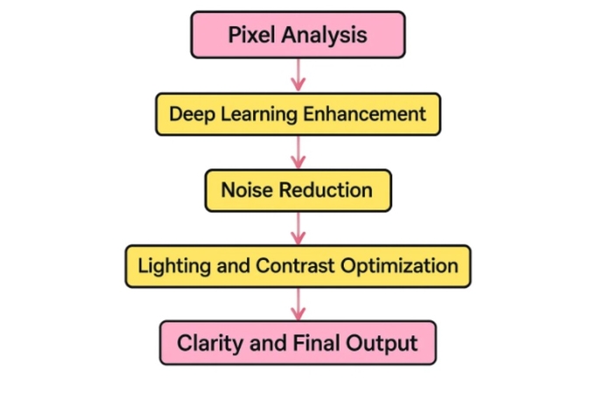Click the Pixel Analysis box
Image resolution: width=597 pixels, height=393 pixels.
tap(298, 35)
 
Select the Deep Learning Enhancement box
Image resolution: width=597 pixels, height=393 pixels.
tap(298, 114)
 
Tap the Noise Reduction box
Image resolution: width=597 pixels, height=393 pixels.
tap(298, 190)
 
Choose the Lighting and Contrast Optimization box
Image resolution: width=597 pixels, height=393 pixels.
tap(298, 266)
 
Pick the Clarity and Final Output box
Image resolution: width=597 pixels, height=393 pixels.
tap(298, 342)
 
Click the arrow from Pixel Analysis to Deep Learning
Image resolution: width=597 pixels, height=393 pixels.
tap(298, 74)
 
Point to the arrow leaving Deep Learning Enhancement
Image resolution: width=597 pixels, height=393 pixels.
tap(298, 152)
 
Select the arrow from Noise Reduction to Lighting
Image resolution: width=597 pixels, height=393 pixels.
tap(298, 228)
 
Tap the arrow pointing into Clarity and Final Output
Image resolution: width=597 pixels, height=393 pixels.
tap(298, 304)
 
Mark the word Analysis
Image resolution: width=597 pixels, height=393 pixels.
tap(321, 36)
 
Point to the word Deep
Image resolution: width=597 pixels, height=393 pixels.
tap(187, 115)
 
